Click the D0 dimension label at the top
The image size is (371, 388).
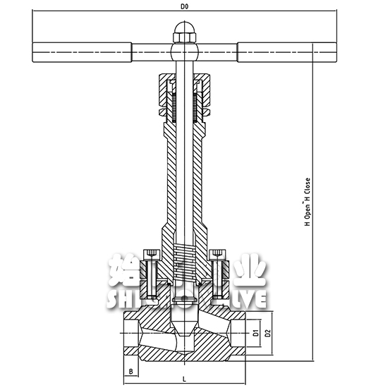click(185, 6)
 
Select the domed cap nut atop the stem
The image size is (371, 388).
click(184, 33)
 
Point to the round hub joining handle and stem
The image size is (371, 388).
click(184, 52)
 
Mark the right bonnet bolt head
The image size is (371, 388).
click(219, 253)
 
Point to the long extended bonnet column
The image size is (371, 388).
click(184, 176)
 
